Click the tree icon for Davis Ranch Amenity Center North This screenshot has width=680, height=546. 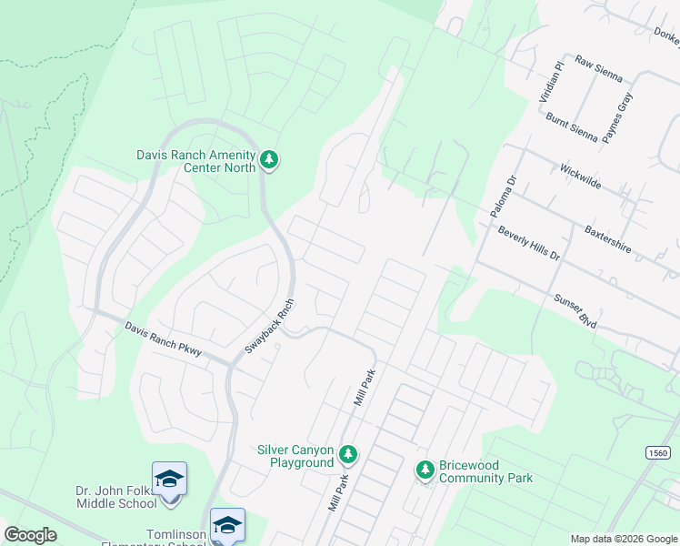point(269,160)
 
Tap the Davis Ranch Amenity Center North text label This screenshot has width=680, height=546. point(195,161)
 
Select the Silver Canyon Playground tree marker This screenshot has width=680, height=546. point(347,453)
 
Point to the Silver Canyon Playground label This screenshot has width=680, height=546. point(296,456)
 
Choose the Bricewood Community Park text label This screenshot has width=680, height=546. point(485,471)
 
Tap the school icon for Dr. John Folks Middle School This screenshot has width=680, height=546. point(169,479)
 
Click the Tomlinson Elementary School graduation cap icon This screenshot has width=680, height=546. point(227,525)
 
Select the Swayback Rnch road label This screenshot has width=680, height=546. point(270,327)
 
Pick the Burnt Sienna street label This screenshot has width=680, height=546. point(572,127)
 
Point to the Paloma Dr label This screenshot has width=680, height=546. point(503,197)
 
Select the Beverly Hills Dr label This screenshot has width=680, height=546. point(529,243)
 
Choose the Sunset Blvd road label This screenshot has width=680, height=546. point(575,310)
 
